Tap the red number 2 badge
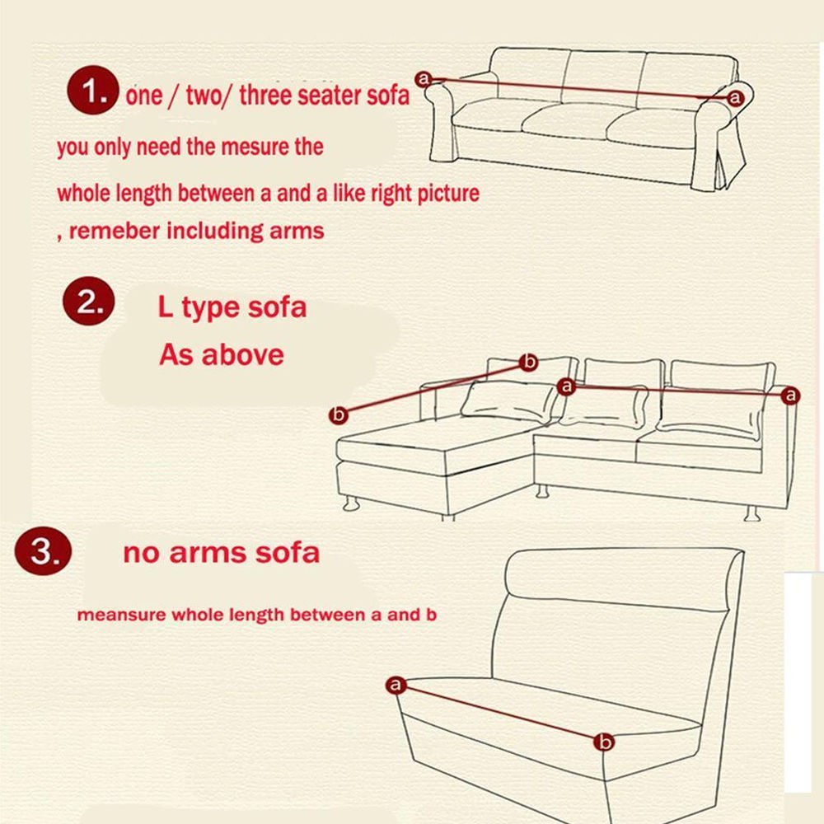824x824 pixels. tap(85, 303)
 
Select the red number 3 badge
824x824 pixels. tap(40, 551)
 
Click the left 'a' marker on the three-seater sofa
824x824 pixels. tap(424, 78)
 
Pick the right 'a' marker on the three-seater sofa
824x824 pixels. tap(735, 98)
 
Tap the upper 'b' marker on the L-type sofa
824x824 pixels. tap(529, 361)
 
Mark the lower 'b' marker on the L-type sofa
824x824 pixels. tap(338, 415)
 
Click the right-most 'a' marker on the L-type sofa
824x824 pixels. tap(791, 396)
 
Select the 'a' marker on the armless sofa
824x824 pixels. tap(396, 685)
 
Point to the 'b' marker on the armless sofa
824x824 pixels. tap(604, 742)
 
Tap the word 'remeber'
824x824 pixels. tap(115, 231)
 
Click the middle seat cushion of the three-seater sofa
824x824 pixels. tap(569, 121)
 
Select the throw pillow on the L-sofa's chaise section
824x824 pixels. tap(508, 400)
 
